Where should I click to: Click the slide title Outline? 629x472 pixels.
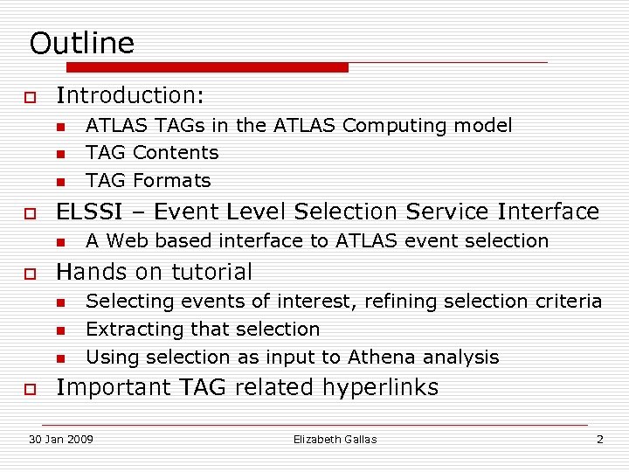tap(82, 44)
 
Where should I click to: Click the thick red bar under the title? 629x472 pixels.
tap(207, 67)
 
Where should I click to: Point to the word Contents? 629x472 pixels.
tap(176, 153)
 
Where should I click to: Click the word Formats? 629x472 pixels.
tap(172, 181)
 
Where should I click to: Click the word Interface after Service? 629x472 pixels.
tap(549, 212)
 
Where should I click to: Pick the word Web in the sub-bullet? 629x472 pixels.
tap(126, 241)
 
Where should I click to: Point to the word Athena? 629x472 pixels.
tap(381, 357)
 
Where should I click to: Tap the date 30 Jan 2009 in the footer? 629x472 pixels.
tap(61, 439)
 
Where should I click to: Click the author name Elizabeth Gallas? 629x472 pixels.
tap(335, 439)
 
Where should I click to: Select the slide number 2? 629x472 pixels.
tap(599, 439)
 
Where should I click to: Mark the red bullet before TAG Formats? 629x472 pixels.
tap(60, 182)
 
